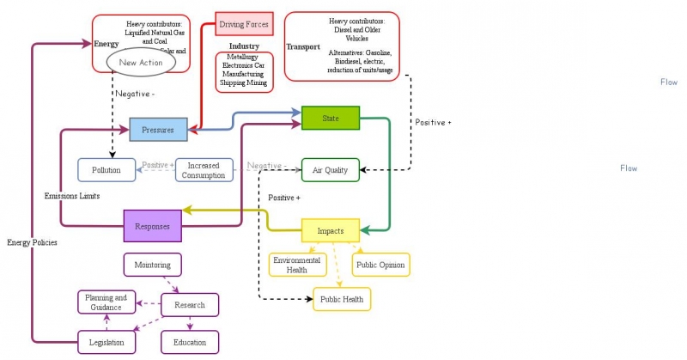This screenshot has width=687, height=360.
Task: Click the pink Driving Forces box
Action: pyautogui.click(x=244, y=24)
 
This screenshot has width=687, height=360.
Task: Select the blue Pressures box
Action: pyautogui.click(x=158, y=130)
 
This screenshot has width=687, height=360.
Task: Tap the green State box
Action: pyautogui.click(x=331, y=118)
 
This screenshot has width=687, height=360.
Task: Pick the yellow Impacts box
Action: pyautogui.click(x=331, y=231)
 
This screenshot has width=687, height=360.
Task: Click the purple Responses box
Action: pyautogui.click(x=153, y=226)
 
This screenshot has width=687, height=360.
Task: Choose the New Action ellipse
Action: pyautogui.click(x=140, y=63)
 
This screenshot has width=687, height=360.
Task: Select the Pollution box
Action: pyautogui.click(x=107, y=170)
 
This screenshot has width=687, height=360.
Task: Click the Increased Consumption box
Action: pyautogui.click(x=204, y=170)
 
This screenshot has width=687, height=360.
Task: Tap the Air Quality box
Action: pyautogui.click(x=330, y=170)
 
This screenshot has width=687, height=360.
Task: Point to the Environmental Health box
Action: pyautogui.click(x=297, y=265)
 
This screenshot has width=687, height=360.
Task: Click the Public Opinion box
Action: pyautogui.click(x=381, y=265)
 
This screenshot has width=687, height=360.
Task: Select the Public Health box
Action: pyautogui.click(x=342, y=299)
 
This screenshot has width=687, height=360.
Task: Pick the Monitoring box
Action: pyautogui.click(x=158, y=265)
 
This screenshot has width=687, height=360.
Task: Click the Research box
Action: pyautogui.click(x=189, y=304)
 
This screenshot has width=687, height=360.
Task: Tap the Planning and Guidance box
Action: pyautogui.click(x=108, y=302)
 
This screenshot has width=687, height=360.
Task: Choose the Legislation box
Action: pyautogui.click(x=107, y=342)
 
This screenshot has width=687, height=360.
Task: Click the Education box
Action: pyautogui.click(x=189, y=342)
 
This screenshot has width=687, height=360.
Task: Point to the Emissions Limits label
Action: pyautogui.click(x=72, y=196)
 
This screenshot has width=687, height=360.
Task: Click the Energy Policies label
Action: pyautogui.click(x=32, y=242)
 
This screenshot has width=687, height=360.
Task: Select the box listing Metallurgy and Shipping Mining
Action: pyautogui.click(x=244, y=72)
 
